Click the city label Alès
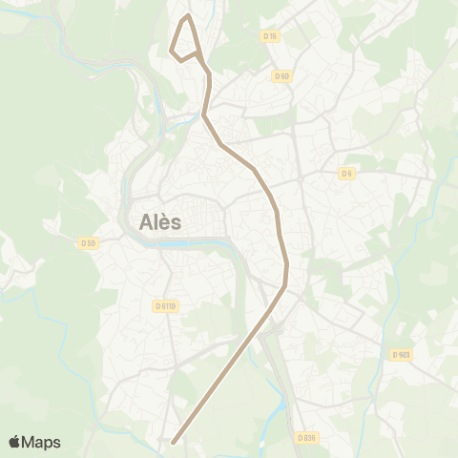pyautogui.click(x=160, y=221)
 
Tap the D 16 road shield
pyautogui.click(x=270, y=36)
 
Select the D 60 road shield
pyautogui.click(x=281, y=75)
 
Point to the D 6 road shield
pyautogui.click(x=346, y=173)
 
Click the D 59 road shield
pyautogui.click(x=88, y=242)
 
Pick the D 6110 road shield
pyautogui.click(x=165, y=305)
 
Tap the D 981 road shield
pyautogui.click(x=401, y=354)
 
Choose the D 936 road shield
pyautogui.click(x=305, y=437)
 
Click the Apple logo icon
pyautogui.click(x=15, y=441)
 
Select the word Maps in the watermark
pyautogui.click(x=42, y=442)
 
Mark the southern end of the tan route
pyautogui.click(x=173, y=442)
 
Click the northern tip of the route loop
pyautogui.click(x=189, y=15)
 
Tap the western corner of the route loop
pyautogui.click(x=172, y=50)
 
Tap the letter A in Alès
pyautogui.click(x=147, y=221)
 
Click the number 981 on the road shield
pyautogui.click(x=405, y=354)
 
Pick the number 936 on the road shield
pyautogui.click(x=309, y=437)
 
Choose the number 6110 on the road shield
pyautogui.click(x=169, y=305)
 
